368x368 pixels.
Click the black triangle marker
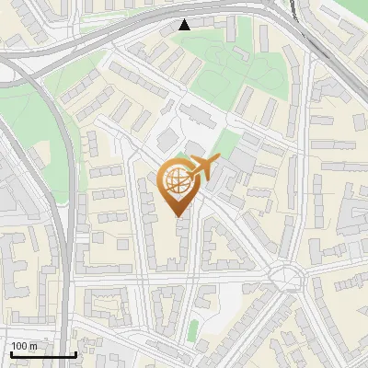(185, 25)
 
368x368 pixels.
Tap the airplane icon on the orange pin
(202, 168)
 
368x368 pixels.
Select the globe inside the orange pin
(178, 183)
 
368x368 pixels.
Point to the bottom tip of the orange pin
(179, 217)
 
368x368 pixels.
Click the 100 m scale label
(24, 346)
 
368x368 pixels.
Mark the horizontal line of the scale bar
(42, 355)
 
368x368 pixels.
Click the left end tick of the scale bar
(11, 353)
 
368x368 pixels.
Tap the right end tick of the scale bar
(75, 353)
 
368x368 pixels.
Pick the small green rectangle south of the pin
(193, 329)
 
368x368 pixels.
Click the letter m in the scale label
(33, 346)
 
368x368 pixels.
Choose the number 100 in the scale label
(19, 346)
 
